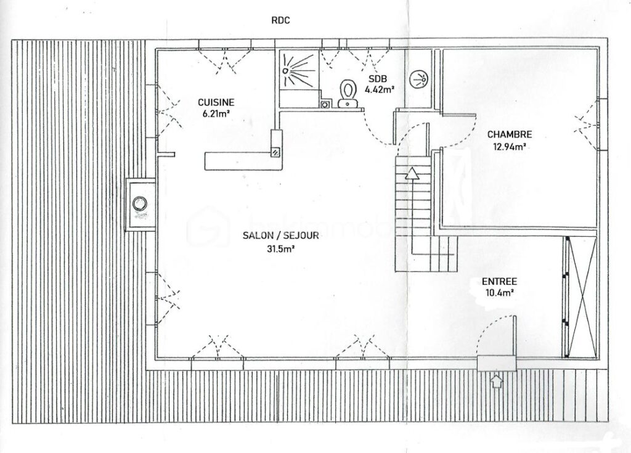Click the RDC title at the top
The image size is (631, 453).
pyautogui.click(x=280, y=20)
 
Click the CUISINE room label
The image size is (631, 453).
pyautogui.click(x=216, y=102)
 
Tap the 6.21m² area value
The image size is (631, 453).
pyautogui.click(x=216, y=113)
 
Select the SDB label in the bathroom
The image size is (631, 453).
pyautogui.click(x=377, y=79)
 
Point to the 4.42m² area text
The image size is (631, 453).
pyautogui.click(x=380, y=89)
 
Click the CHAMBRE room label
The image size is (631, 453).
pyautogui.click(x=509, y=134)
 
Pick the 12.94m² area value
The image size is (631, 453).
pyautogui.click(x=509, y=147)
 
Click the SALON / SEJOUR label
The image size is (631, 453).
pyautogui.click(x=272, y=235)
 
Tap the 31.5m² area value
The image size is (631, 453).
pyautogui.click(x=272, y=249)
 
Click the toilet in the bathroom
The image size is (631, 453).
pyautogui.click(x=348, y=94)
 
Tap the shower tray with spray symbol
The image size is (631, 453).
pyautogui.click(x=298, y=69)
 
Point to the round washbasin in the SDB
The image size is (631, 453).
pyautogui.click(x=420, y=78)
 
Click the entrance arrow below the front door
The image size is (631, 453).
pyautogui.click(x=497, y=381)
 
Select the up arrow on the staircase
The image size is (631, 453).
pyautogui.click(x=411, y=174)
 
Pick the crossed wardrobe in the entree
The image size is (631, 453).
pyautogui.click(x=580, y=296)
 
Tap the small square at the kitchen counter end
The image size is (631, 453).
pyautogui.click(x=275, y=152)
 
